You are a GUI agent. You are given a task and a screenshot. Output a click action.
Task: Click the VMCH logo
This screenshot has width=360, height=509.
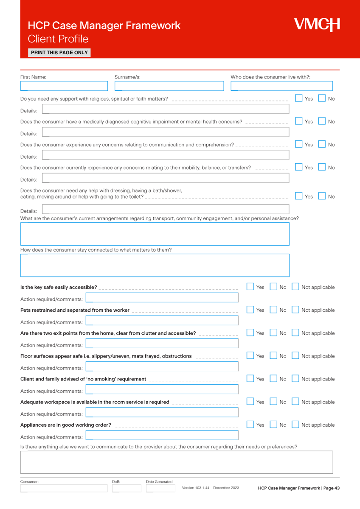[317, 25]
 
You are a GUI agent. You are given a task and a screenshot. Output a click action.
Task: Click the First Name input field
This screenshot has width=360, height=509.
[64, 86]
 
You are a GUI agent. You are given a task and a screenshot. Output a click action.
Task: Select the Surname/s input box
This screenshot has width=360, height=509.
[169, 86]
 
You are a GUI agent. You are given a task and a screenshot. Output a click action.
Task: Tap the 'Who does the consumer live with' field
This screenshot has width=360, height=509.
[281, 86]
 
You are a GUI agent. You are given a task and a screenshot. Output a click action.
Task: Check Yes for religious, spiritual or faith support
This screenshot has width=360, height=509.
[299, 98]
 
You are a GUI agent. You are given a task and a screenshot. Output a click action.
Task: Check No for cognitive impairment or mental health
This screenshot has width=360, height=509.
[322, 121]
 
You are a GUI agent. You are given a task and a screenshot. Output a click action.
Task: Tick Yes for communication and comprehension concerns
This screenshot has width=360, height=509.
[299, 144]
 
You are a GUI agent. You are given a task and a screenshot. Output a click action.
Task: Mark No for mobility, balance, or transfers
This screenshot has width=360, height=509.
[322, 167]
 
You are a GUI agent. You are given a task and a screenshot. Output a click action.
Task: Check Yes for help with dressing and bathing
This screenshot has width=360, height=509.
[299, 196]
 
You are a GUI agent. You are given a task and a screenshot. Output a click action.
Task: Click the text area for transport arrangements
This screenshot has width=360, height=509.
[155, 234]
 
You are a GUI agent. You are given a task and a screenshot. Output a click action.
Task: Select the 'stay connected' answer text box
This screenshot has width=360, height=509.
[155, 265]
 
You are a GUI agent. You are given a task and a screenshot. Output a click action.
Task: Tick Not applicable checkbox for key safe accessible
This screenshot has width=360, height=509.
[295, 287]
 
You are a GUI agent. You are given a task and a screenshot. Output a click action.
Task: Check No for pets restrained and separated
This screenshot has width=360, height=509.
[274, 310]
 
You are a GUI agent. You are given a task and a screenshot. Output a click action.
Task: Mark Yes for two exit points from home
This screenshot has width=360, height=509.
[250, 333]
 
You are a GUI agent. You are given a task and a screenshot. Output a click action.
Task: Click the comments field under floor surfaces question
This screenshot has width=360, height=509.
[162, 366]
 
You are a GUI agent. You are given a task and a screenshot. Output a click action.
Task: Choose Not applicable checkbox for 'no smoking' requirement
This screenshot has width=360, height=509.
[295, 379]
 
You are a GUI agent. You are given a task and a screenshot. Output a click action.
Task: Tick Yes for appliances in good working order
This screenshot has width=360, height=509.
[250, 425]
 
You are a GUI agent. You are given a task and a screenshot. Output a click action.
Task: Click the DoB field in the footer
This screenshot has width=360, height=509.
[127, 488]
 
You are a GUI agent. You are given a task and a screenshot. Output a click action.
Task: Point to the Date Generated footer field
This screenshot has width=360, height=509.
[160, 488]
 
